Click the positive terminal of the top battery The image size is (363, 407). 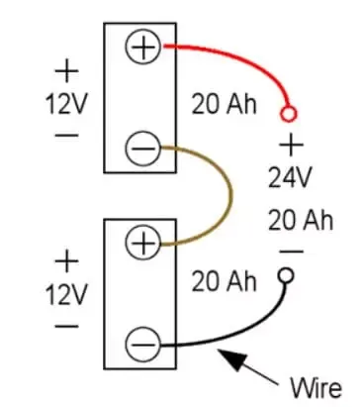click(x=142, y=47)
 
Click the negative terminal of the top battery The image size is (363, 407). click(x=142, y=151)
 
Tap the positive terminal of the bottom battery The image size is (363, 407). click(x=142, y=242)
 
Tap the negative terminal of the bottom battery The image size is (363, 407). click(x=142, y=346)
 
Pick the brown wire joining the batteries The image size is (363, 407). click(x=228, y=198)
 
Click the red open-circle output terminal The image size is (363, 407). click(x=289, y=112)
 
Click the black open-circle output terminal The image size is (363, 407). click(x=289, y=275)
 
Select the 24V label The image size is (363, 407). click(x=291, y=179)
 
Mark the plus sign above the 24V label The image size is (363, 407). click(x=291, y=147)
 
